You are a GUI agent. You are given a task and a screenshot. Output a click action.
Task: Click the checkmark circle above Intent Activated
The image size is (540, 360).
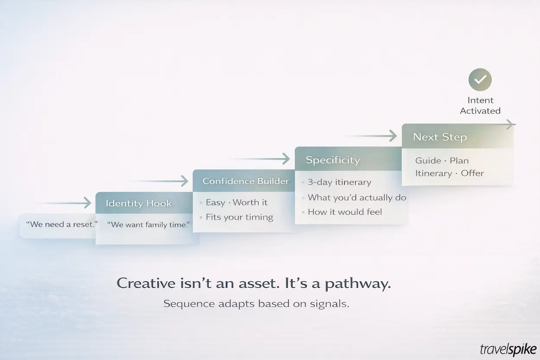click(x=480, y=80)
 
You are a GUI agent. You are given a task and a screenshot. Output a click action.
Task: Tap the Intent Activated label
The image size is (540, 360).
click(x=480, y=105)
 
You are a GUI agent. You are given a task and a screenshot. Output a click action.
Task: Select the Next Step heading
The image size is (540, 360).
click(x=440, y=137)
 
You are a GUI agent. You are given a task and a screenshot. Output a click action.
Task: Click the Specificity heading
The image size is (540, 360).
click(x=333, y=160)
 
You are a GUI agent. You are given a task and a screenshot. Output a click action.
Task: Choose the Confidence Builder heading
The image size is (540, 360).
click(x=245, y=181)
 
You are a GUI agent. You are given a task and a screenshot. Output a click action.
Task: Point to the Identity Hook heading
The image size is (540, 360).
click(x=139, y=204)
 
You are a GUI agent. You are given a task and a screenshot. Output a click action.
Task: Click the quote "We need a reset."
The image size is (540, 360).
click(x=61, y=225)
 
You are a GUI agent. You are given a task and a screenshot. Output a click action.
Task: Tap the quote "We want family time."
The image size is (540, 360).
click(x=148, y=225)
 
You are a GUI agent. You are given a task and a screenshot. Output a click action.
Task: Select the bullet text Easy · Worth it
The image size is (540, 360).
click(x=236, y=202)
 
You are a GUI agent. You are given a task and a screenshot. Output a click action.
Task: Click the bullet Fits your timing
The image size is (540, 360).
click(x=239, y=217)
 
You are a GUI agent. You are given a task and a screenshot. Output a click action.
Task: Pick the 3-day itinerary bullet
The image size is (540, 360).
click(x=339, y=182)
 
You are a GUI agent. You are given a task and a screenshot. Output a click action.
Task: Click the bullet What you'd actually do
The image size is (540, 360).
click(x=357, y=198)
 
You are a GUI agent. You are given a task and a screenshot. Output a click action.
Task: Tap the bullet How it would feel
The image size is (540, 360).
click(x=345, y=212)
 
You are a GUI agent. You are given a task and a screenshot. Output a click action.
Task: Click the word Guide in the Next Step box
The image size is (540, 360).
click(x=428, y=160)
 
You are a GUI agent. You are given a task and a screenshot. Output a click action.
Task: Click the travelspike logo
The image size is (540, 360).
click(x=508, y=349)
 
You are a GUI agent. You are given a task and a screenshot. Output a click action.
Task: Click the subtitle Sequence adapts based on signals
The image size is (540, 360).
click(x=256, y=303)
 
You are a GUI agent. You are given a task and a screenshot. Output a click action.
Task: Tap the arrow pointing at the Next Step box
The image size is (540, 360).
click(x=372, y=136)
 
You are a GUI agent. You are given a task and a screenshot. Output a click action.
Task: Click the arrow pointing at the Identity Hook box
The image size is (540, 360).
click(x=65, y=203)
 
